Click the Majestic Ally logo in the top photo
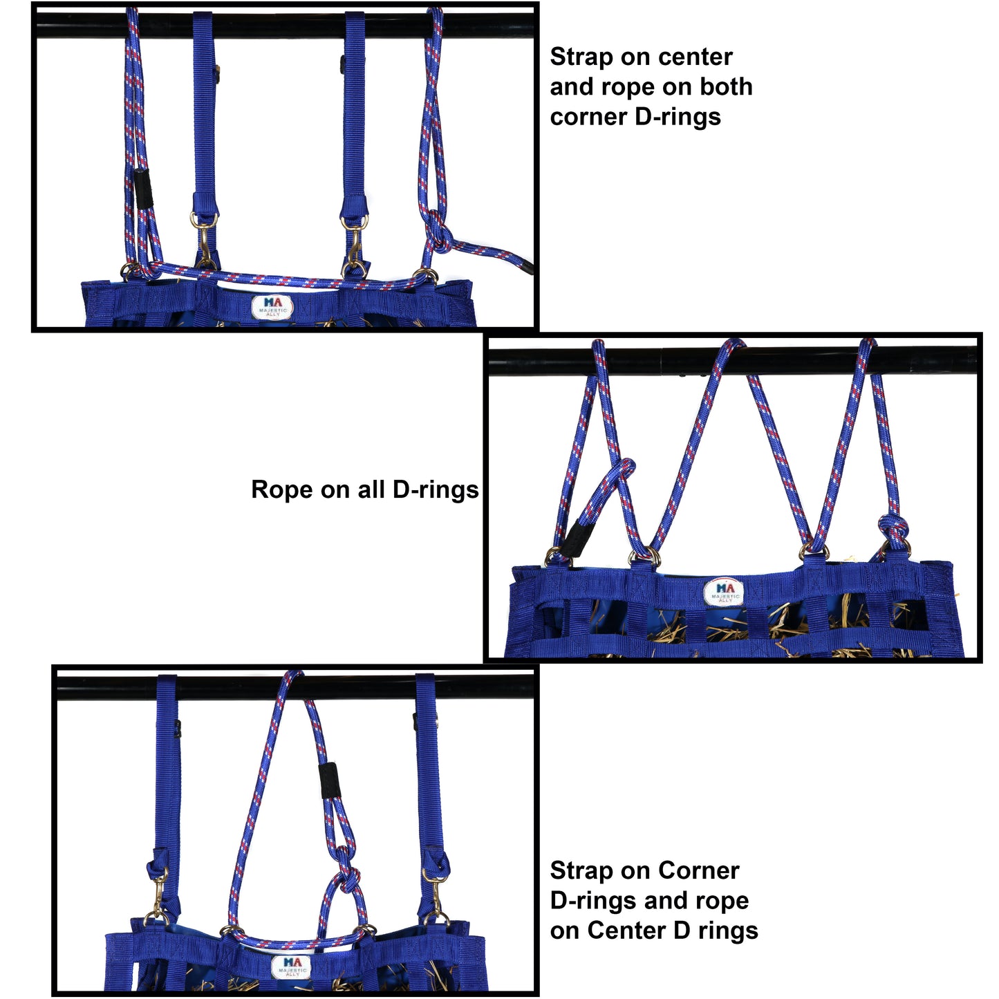272,307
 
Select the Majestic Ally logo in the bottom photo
292,967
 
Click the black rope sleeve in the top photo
143,189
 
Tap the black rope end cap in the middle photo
573,538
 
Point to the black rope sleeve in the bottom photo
328,780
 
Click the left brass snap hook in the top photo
205,242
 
